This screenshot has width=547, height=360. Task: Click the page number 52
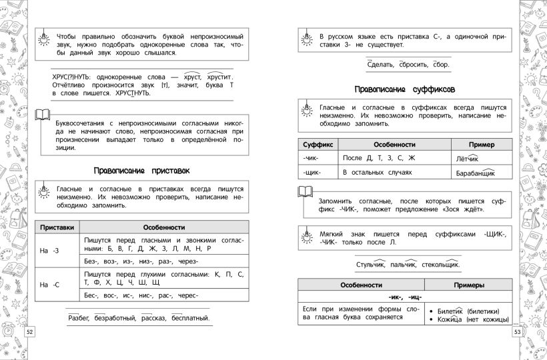(x=29, y=332)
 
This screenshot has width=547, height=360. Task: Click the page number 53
(x=518, y=332)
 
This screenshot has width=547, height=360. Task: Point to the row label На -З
(x=49, y=249)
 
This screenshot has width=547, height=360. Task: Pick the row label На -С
(x=49, y=285)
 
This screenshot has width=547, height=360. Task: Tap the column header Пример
(x=479, y=144)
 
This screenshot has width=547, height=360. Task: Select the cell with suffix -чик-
(x=312, y=158)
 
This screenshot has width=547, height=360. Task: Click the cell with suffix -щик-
(x=312, y=173)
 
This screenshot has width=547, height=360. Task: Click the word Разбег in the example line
(x=81, y=318)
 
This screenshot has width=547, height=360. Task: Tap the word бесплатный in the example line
(x=189, y=318)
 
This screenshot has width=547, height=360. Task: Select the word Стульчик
(x=371, y=265)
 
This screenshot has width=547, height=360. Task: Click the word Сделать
(x=380, y=65)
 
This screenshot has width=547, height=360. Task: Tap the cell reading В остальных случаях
(x=374, y=173)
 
